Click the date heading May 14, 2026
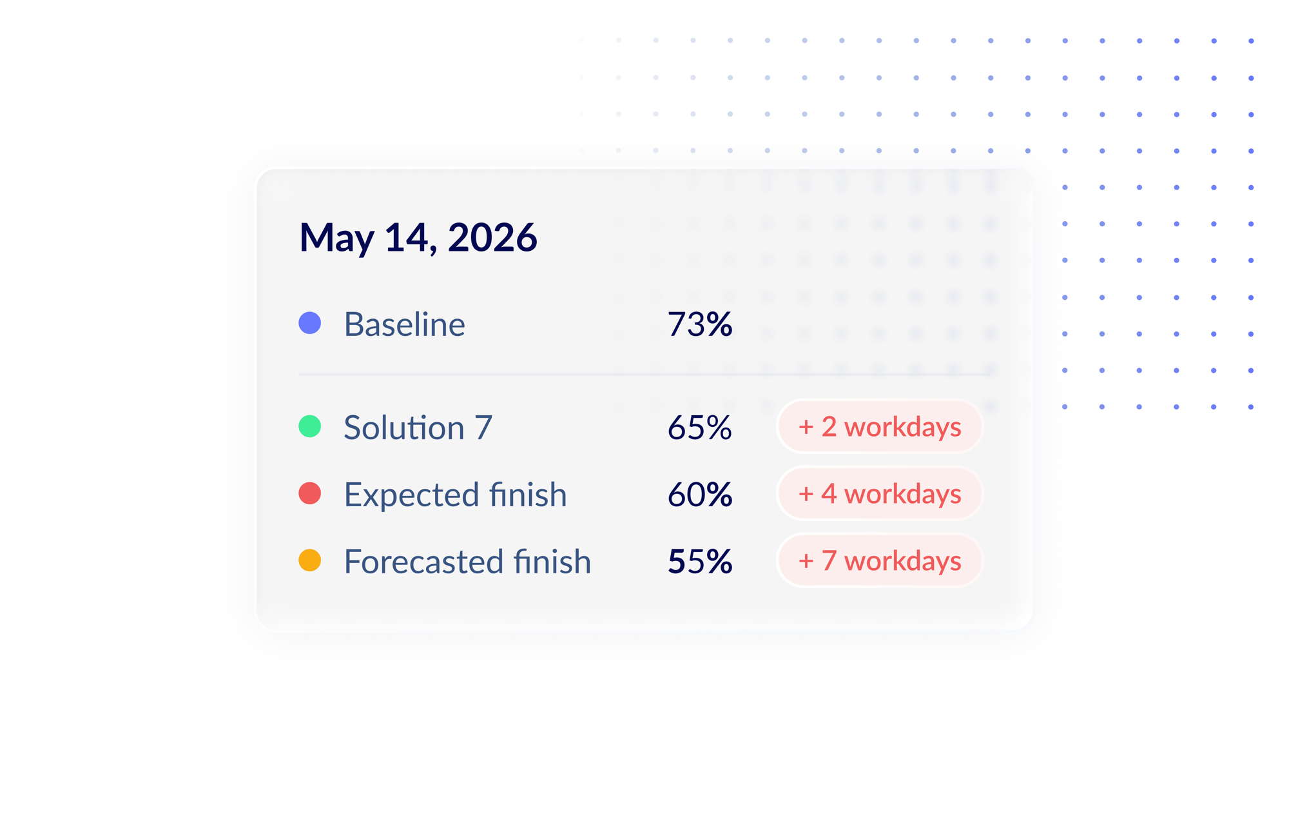pos(418,237)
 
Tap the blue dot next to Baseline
pos(310,323)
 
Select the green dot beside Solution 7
pos(310,426)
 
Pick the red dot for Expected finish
pos(310,493)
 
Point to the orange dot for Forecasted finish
pos(310,560)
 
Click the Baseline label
pos(405,324)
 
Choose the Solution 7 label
pos(418,428)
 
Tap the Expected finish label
pos(456,495)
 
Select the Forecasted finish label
pos(468,561)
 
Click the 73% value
pos(700,324)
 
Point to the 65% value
pos(700,428)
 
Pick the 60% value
pos(700,495)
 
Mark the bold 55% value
pos(700,561)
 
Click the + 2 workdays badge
pos(880,426)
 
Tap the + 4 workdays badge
pos(880,493)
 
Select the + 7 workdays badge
pos(880,560)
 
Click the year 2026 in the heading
pos(492,237)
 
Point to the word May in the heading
pos(337,239)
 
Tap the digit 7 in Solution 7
pos(483,428)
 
